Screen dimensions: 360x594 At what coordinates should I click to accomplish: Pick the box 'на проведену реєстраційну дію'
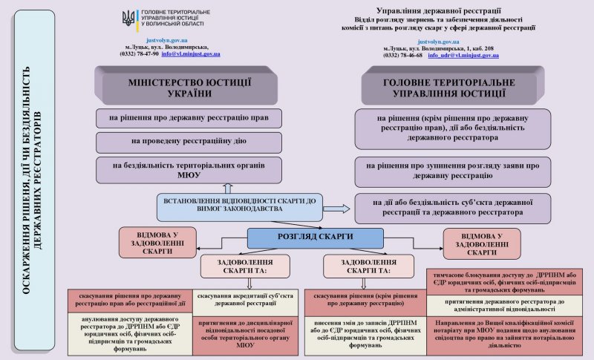(189, 140)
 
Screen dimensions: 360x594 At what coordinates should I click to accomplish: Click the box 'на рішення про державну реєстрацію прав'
(189, 117)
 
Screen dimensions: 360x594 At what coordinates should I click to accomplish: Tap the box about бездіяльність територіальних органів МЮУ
(189, 170)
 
